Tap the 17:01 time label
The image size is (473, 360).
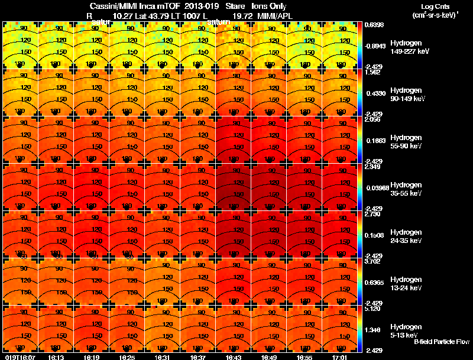[x=341, y=357]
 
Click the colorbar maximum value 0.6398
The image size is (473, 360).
[x=372, y=25]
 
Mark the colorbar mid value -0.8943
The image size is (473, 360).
[x=374, y=46]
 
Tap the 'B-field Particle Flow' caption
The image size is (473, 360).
[x=441, y=342]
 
